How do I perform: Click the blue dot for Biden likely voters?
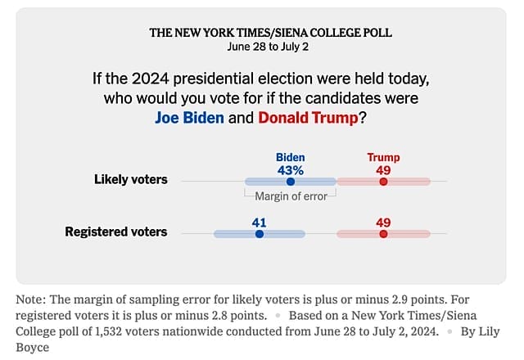290,181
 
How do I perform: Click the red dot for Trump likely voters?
383,181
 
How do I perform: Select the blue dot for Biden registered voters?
260,233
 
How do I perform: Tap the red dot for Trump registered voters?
383,233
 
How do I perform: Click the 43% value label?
290,170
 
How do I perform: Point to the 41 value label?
260,222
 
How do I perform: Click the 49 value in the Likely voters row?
383,170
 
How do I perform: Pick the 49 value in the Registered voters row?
383,222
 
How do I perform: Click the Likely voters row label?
130,180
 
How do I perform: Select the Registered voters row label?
116,232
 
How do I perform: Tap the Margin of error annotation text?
291,196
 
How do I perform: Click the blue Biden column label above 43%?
290,157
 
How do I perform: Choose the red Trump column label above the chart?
383,157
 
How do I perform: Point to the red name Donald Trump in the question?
308,117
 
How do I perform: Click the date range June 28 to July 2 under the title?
270,46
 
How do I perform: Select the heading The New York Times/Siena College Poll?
270,33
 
